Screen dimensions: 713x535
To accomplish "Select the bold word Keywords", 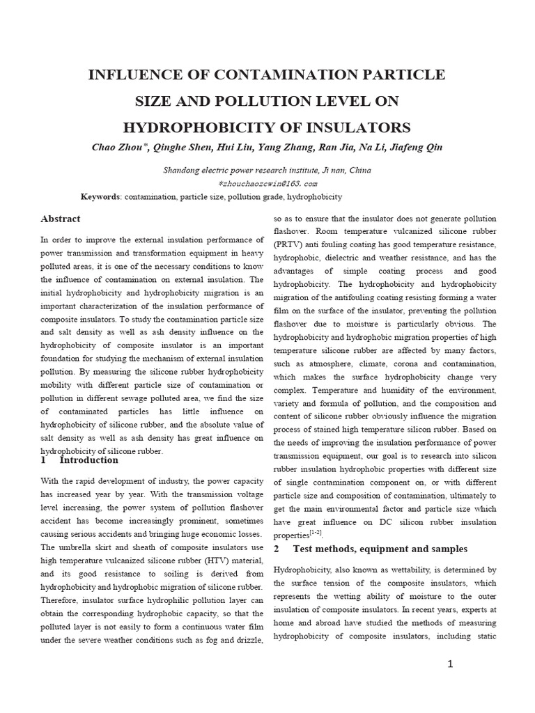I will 100,197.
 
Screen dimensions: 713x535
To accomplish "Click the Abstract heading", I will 61,219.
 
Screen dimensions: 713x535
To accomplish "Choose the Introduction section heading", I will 89,460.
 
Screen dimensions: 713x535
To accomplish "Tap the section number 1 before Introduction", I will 43,460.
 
